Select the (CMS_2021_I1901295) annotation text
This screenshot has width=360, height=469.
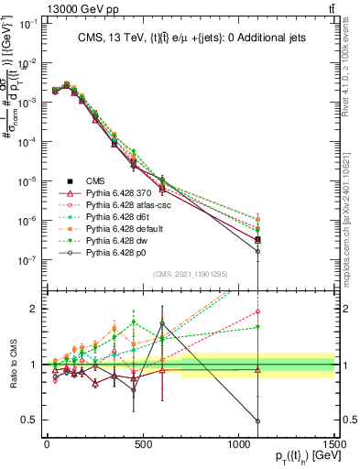[191, 274]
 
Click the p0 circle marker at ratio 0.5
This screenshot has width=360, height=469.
[257, 421]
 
